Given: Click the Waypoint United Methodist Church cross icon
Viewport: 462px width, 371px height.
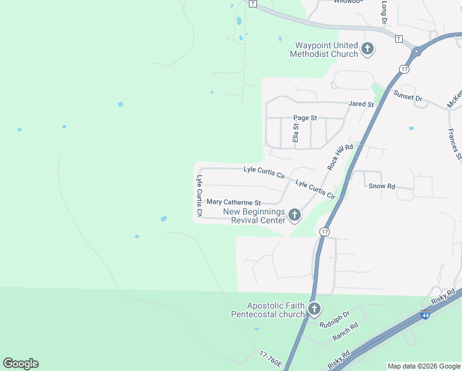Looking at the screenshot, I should click(367, 49).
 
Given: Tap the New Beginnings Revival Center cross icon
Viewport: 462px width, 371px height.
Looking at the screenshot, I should click(294, 215).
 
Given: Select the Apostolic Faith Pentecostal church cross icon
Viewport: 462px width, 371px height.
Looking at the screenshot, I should click(314, 309).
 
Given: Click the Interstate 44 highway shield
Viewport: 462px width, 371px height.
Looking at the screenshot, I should click(425, 315).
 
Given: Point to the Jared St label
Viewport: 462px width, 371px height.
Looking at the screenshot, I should click(361, 104).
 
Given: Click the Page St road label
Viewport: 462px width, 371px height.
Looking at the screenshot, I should click(305, 117).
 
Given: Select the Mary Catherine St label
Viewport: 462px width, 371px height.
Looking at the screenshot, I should click(234, 202).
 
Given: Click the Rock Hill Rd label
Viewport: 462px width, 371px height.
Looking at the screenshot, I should click(340, 157).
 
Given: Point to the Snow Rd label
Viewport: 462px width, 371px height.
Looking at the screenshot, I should click(381, 186).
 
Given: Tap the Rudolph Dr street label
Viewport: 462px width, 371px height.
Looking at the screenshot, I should click(335, 323).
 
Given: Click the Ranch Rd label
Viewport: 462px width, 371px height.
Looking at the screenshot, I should click(345, 333).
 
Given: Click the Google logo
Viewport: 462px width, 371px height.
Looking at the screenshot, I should click(20, 364).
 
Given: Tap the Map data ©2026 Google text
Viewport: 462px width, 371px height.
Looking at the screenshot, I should click(424, 366).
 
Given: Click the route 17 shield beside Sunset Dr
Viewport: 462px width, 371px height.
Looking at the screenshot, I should click(403, 69).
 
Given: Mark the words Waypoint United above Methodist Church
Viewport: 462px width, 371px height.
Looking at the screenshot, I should click(326, 45).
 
